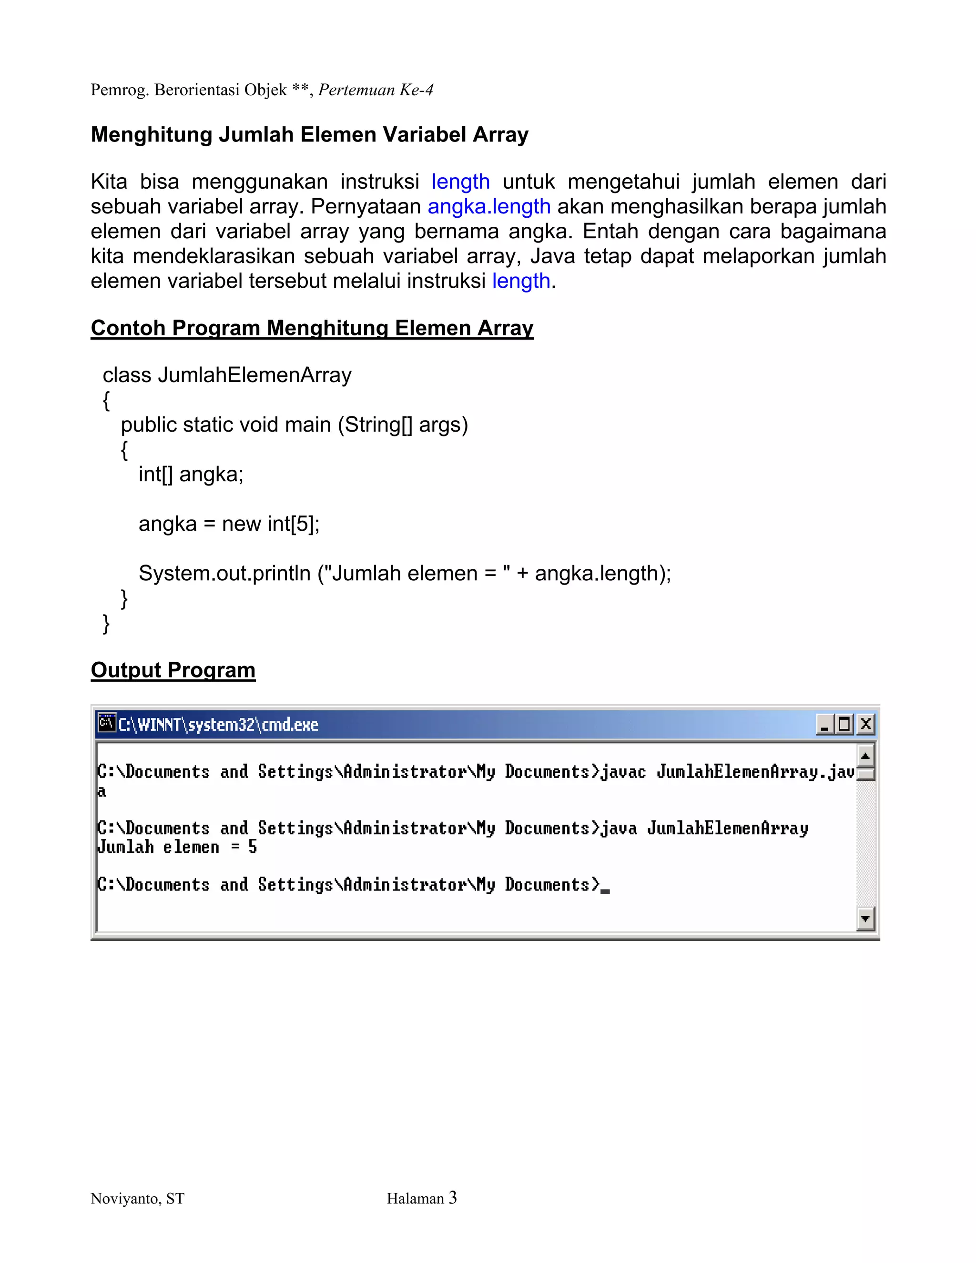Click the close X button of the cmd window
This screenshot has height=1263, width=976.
point(865,724)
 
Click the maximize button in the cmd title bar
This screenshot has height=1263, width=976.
point(844,724)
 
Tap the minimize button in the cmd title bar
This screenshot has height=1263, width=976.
point(824,724)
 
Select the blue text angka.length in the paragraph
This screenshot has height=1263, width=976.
point(489,206)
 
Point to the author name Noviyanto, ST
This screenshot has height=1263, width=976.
point(138,1199)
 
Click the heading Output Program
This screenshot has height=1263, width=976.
point(173,670)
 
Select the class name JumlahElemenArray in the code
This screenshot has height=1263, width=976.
point(254,375)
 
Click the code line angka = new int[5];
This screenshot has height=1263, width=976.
point(229,524)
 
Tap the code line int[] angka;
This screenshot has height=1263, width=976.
point(191,474)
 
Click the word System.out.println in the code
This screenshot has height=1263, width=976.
point(224,574)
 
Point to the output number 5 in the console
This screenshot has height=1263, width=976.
point(253,847)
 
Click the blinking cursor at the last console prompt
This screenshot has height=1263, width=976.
point(605,890)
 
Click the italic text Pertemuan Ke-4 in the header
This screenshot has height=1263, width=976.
point(376,90)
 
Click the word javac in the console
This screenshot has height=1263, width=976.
point(622,772)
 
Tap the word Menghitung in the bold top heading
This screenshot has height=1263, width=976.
point(152,135)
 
